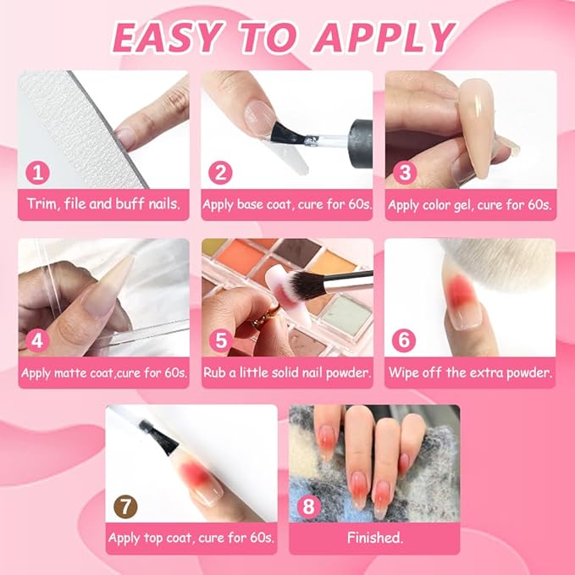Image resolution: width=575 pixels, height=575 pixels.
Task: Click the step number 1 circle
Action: click(37, 173)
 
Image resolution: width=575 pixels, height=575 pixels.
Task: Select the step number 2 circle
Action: click(220, 173)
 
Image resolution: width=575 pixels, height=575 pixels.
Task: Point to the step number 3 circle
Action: click(405, 173)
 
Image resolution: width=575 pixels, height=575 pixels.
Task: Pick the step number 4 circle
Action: click(37, 340)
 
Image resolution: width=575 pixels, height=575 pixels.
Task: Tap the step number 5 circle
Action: click(221, 340)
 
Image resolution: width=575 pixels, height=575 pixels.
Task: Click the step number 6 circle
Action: click(404, 340)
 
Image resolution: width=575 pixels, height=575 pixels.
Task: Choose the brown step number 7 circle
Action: click(126, 506)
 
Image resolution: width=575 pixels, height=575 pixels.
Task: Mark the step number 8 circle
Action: click(309, 506)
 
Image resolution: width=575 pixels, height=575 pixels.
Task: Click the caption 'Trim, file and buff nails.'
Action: click(104, 204)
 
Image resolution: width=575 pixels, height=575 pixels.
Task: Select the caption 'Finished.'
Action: click(375, 538)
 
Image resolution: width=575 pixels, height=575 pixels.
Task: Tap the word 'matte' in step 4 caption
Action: click(70, 373)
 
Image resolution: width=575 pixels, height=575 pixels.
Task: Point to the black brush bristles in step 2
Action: click(288, 134)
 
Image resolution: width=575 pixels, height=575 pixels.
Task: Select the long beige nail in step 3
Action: click(478, 128)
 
